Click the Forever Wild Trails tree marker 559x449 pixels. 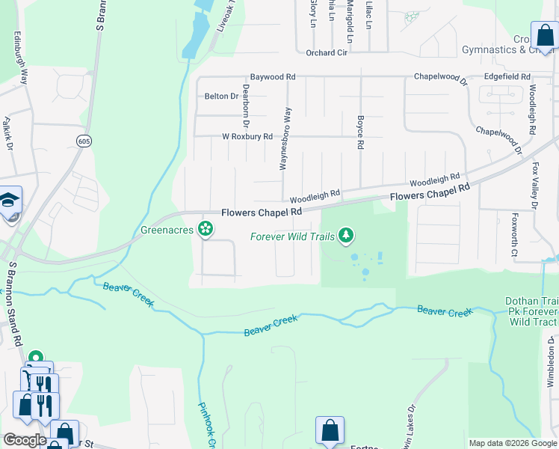coord(345,236)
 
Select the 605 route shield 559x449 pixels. coord(83,140)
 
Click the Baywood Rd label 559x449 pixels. coord(273,77)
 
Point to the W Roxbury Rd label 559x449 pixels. coord(247,136)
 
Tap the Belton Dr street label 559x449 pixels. coord(220,96)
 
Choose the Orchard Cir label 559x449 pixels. coord(327,52)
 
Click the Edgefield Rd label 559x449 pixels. coord(507,77)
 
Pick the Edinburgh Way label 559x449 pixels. coord(20,57)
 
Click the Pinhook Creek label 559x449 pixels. coord(206,425)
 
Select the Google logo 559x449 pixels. coord(25,440)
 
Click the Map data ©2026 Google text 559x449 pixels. coord(512,443)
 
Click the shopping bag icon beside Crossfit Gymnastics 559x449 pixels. coord(543,34)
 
